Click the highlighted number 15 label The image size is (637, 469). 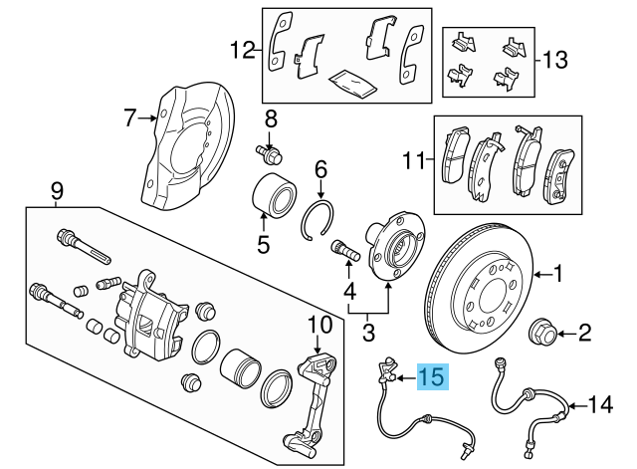(x=433, y=376)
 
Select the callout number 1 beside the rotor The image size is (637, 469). (x=558, y=271)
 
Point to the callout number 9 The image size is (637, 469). (x=57, y=189)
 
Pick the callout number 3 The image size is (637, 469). (x=369, y=330)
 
